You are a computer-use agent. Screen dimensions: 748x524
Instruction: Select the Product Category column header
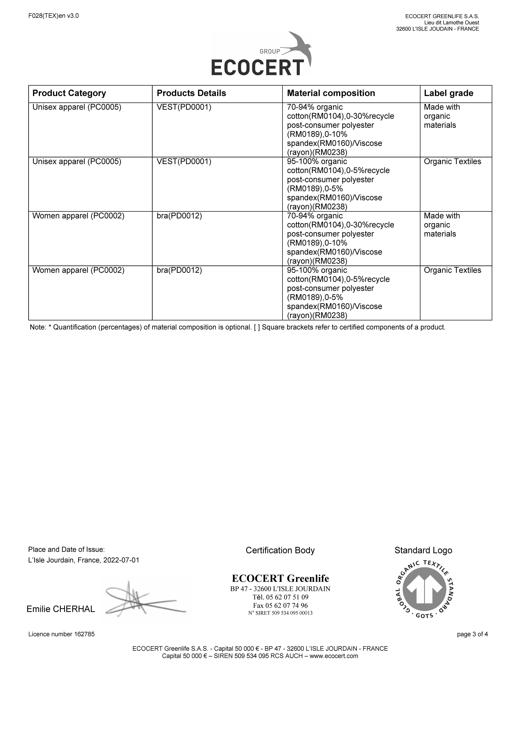(x=69, y=93)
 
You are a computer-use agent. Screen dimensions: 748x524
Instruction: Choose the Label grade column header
(x=448, y=93)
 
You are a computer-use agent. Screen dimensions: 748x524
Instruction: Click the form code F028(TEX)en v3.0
(x=54, y=16)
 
